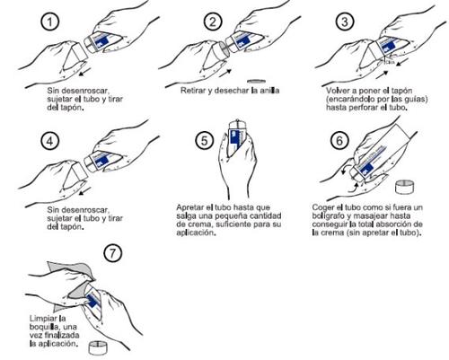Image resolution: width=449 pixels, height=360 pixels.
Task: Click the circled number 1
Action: [x=50, y=22]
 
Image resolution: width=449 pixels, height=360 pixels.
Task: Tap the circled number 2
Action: [x=213, y=22]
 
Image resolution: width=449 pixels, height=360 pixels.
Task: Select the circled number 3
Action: [x=345, y=22]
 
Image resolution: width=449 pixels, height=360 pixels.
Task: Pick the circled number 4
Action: [x=50, y=140]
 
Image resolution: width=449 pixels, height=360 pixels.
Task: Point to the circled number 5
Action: [x=205, y=140]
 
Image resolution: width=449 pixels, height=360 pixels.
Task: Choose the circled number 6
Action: [x=339, y=140]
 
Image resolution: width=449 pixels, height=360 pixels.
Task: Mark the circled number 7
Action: [x=113, y=253]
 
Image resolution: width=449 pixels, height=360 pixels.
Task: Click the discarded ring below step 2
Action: [x=257, y=81]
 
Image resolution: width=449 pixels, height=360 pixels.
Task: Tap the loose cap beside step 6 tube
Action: [x=405, y=187]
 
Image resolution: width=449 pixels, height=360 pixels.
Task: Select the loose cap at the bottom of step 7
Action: [x=98, y=347]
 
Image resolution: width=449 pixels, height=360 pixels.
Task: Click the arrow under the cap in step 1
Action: [x=85, y=72]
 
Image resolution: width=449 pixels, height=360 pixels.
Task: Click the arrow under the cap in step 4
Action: [x=85, y=191]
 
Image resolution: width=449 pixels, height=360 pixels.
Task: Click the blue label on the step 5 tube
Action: [x=236, y=139]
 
